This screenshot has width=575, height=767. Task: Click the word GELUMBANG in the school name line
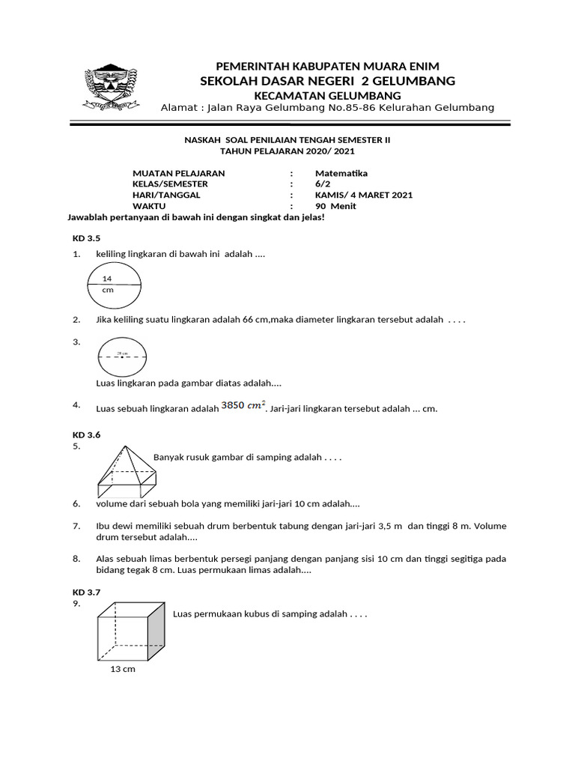(x=413, y=81)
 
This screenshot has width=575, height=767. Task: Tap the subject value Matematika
(x=341, y=173)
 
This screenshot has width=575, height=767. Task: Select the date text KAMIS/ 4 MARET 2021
(x=363, y=195)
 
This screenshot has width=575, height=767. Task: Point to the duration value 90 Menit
(x=335, y=206)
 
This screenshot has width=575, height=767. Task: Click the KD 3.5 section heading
(x=86, y=237)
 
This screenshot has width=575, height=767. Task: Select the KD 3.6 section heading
(x=86, y=434)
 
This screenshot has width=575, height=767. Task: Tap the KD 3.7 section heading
(x=86, y=592)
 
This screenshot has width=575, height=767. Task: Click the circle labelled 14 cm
(x=119, y=285)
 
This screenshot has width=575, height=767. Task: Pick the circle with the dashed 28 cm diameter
(x=122, y=357)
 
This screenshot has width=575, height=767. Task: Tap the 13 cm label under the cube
(x=123, y=669)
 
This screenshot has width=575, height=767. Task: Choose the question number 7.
(x=76, y=526)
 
